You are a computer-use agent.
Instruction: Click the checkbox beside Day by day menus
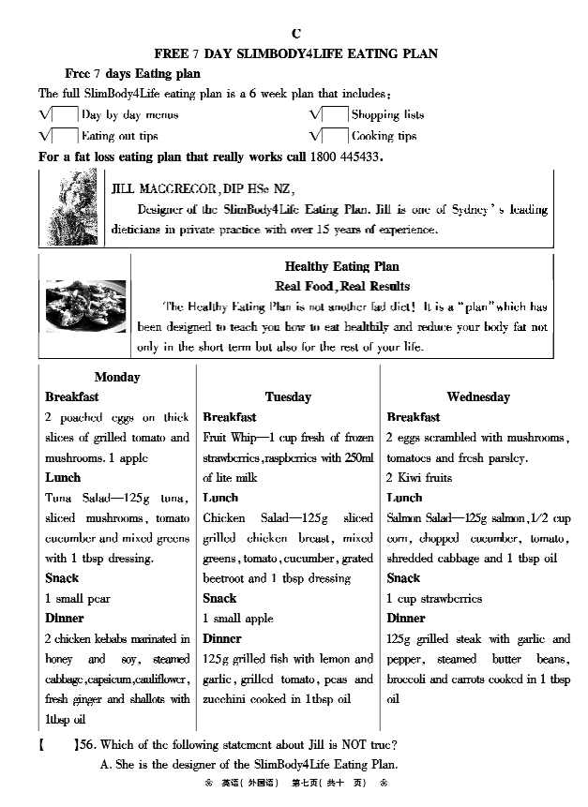[66, 115]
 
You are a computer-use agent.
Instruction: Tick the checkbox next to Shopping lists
[335, 115]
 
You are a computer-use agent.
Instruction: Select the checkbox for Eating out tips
[66, 136]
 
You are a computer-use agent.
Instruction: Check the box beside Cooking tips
[335, 136]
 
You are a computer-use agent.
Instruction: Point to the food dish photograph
[85, 306]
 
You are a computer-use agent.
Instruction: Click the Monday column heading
[117, 378]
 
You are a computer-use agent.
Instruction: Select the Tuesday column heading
[288, 397]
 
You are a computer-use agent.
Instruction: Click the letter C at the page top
[296, 34]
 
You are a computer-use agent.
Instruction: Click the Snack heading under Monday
[64, 578]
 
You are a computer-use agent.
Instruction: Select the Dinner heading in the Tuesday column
[222, 639]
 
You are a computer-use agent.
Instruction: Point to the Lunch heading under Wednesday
[404, 498]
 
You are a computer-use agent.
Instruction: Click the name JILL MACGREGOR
[164, 188]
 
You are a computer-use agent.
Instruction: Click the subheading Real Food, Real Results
[342, 287]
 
